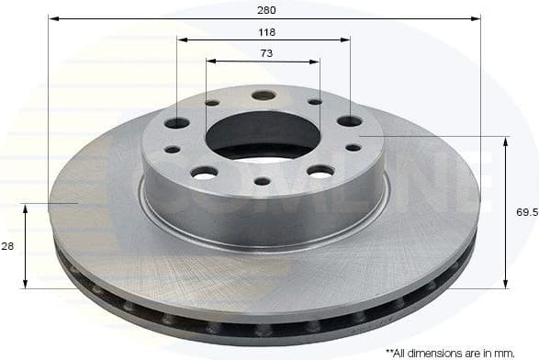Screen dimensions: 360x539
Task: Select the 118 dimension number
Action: point(267,31)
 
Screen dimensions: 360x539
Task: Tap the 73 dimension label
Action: point(265,52)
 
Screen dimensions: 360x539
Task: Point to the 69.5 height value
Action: point(526,212)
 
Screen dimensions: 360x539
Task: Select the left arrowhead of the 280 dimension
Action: point(52,17)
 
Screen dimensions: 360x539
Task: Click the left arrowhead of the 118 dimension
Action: point(182,40)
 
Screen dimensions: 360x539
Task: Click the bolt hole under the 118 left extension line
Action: point(177,123)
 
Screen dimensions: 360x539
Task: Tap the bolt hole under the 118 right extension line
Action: point(349,121)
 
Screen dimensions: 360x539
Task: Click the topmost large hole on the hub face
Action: point(264,96)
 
